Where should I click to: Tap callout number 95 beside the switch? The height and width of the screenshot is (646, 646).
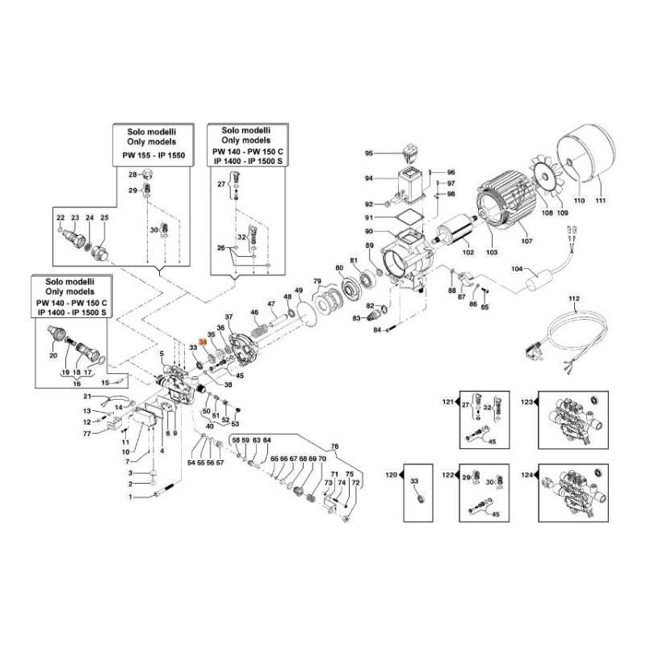[369, 153]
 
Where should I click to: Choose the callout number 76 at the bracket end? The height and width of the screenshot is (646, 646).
[335, 447]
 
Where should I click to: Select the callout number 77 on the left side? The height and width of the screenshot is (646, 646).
[87, 434]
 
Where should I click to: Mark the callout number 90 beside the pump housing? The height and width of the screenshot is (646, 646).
[368, 233]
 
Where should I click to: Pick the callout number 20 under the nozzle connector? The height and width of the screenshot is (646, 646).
[53, 356]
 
